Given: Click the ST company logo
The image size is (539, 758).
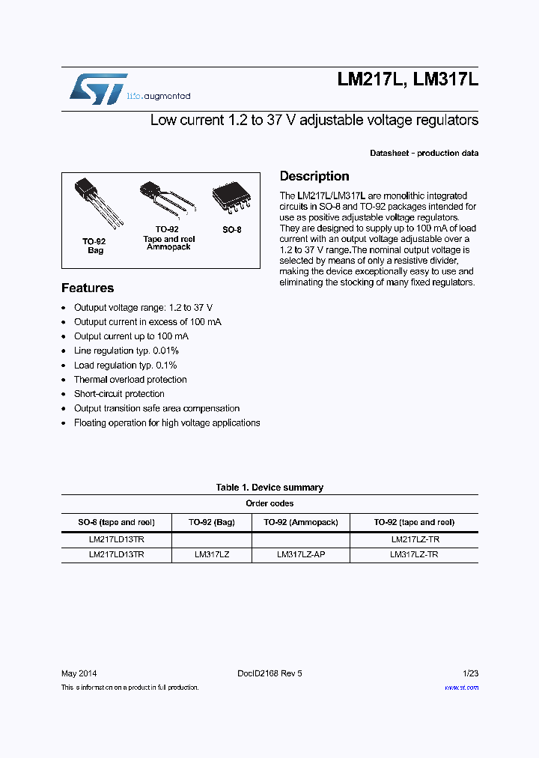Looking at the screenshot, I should pos(98,89).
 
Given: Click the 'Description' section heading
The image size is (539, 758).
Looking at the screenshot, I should pos(314,176).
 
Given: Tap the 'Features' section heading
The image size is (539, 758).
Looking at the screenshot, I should pos(88,288).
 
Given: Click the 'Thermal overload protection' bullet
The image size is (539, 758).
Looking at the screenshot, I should pos(130,380).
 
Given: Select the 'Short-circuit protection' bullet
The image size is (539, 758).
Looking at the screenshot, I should pos(119,394).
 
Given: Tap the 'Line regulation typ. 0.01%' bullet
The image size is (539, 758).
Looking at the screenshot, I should pos(126,351).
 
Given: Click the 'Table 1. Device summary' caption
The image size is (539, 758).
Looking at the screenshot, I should pos(269,488).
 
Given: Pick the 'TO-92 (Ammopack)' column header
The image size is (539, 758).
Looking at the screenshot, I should pos(301,522).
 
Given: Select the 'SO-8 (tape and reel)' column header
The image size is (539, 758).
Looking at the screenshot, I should pos(116,522).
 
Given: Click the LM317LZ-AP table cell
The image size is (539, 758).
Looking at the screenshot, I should pos(301,555).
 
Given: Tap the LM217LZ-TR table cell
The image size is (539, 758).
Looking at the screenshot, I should pos(414,539).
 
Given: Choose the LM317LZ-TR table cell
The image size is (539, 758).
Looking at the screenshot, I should pos(414,555).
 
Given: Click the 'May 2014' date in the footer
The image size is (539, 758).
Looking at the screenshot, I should pos(79,673).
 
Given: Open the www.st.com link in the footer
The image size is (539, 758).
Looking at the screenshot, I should pos(461,687).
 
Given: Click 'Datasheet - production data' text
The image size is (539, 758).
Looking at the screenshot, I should pos(424,153).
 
